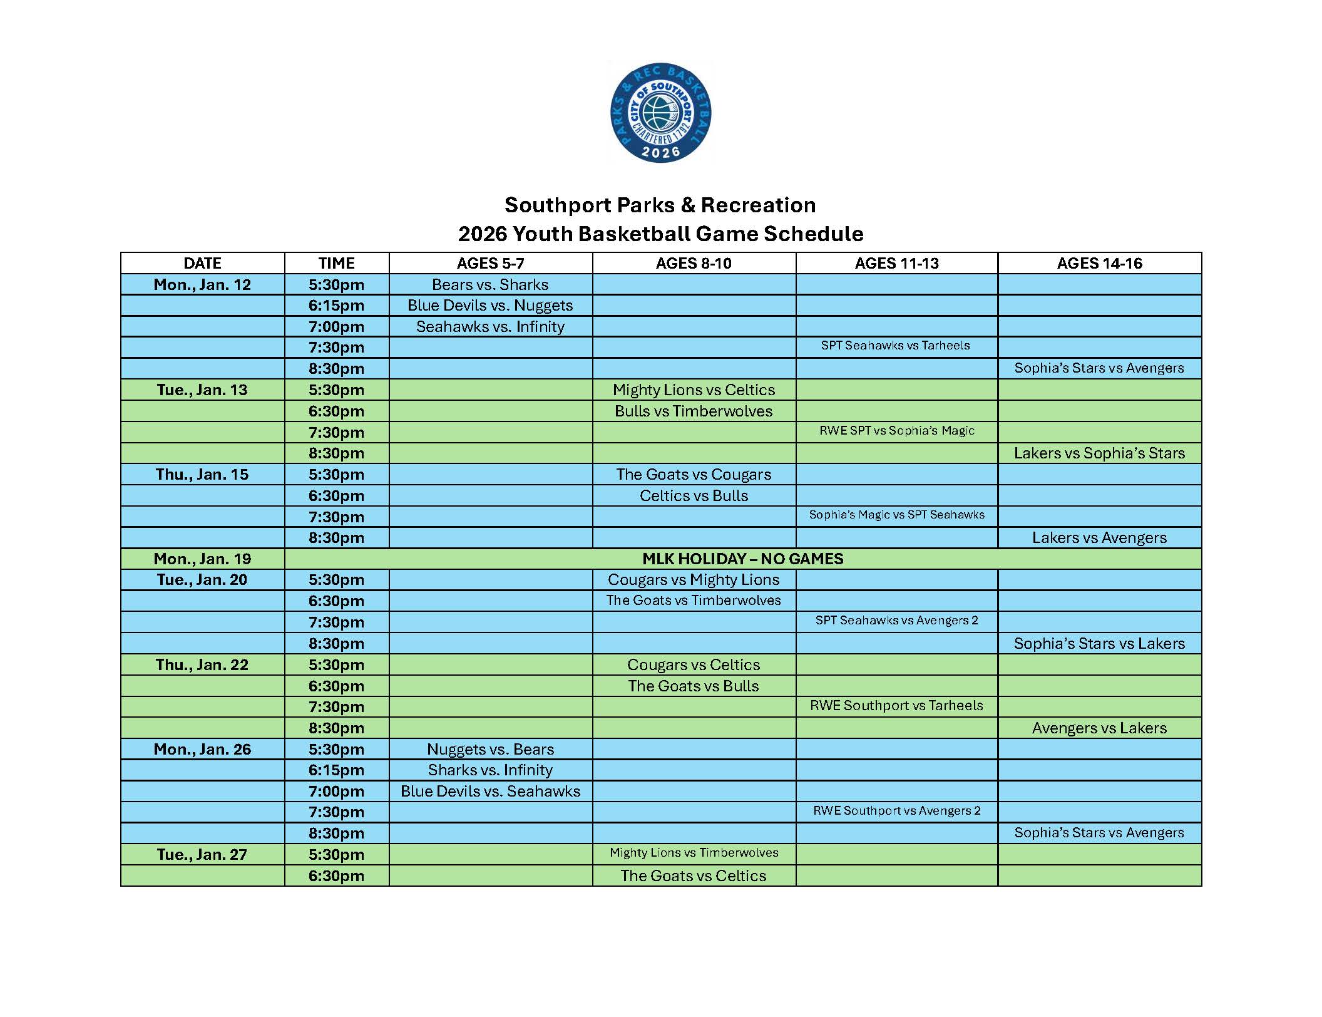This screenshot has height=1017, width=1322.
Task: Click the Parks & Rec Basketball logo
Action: click(660, 113)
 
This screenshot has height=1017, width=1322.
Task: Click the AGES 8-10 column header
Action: click(694, 263)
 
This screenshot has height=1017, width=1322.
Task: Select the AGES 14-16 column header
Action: click(1099, 263)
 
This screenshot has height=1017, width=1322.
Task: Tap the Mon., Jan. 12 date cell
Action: click(202, 284)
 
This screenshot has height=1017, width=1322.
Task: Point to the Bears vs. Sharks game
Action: click(490, 284)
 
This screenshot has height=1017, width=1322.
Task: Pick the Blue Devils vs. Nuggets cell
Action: click(490, 306)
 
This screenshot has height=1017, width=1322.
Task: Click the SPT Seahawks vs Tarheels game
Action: click(895, 346)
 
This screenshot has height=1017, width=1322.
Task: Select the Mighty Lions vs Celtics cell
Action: click(694, 390)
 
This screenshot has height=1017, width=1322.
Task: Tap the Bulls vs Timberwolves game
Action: click(694, 411)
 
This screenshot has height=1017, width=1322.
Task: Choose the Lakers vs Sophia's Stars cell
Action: click(1099, 453)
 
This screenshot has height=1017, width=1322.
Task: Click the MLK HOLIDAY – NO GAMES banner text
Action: click(743, 559)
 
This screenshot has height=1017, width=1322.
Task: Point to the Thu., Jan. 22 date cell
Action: click(202, 664)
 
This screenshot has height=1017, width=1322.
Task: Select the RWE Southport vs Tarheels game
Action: click(896, 706)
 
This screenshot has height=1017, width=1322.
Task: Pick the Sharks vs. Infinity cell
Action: click(490, 770)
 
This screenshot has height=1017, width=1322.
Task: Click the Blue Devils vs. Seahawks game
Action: click(490, 791)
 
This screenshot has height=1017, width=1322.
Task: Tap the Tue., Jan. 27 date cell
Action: click(202, 854)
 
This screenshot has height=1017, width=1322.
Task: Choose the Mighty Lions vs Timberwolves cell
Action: click(694, 853)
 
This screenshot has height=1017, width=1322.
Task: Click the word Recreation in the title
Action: click(758, 205)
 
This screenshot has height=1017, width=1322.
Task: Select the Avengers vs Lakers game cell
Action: click(1099, 728)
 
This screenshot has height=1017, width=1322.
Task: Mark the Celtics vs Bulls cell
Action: click(694, 495)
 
